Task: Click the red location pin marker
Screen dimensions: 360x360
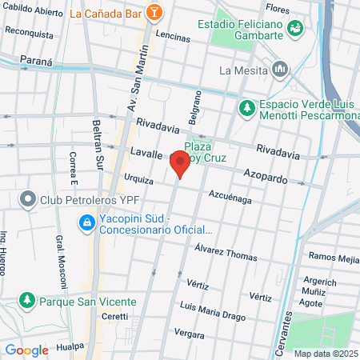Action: pos(180,165)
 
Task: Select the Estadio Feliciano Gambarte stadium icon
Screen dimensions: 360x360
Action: pos(297,28)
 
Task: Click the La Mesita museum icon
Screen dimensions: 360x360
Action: pos(279,70)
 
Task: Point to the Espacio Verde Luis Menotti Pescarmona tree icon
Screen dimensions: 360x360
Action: pos(247,106)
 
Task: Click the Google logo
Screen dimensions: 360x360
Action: pos(26,350)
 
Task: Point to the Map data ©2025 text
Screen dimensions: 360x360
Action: pos(324,354)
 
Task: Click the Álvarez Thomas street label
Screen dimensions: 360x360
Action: pos(226,255)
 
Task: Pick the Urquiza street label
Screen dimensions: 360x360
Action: pos(138,179)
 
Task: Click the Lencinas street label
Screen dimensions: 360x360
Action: pos(174,38)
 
